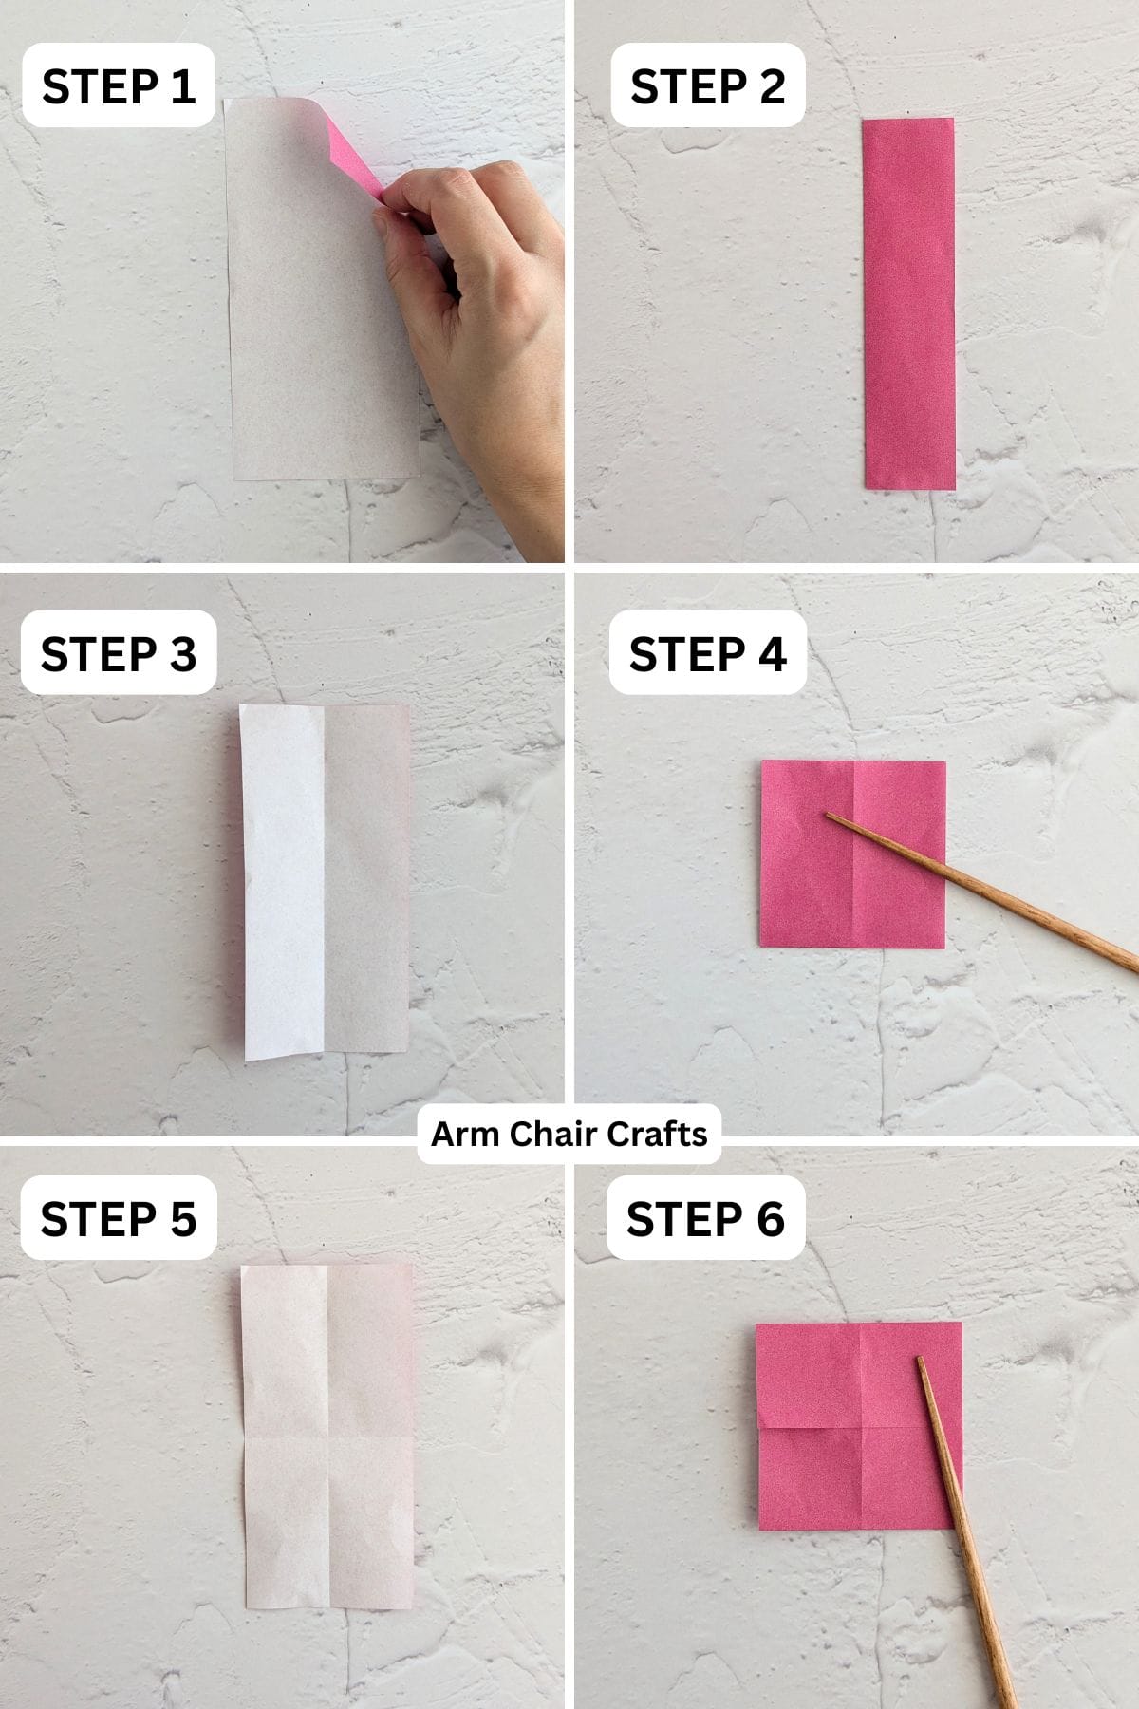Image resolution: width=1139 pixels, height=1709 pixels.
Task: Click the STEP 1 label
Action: click(119, 86)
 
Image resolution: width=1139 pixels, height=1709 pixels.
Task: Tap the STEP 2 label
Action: click(707, 86)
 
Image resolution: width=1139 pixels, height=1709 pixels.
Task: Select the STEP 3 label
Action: click(119, 653)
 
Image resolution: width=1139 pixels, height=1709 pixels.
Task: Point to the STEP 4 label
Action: click(707, 653)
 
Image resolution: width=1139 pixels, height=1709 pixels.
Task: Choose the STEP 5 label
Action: click(119, 1218)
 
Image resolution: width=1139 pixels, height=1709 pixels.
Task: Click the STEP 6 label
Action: click(705, 1218)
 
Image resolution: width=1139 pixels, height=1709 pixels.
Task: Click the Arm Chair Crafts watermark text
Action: click(569, 1134)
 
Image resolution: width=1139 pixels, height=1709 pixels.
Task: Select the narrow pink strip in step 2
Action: click(908, 304)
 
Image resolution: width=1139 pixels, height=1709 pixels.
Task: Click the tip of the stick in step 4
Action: click(829, 816)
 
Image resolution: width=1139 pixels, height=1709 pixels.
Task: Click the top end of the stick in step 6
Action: click(920, 1361)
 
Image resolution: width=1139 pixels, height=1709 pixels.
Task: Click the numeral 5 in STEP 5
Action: click(182, 1218)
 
